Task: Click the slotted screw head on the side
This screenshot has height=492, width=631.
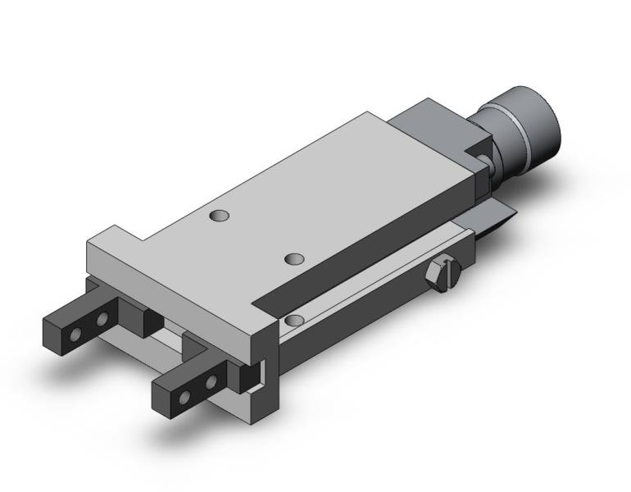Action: [443, 273]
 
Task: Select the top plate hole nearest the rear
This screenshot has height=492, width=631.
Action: [219, 216]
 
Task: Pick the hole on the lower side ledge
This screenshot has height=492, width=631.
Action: [295, 319]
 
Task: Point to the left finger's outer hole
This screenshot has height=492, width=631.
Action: [76, 335]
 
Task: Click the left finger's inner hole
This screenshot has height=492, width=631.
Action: [103, 319]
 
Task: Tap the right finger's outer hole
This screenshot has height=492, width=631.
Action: [185, 396]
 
